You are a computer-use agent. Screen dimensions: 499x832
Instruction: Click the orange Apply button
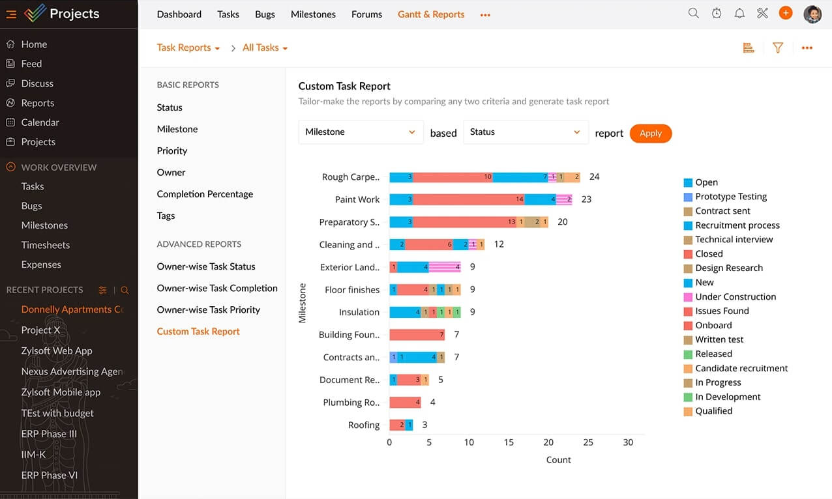[x=650, y=133]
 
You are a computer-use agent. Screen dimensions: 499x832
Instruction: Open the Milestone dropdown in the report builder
[x=360, y=132]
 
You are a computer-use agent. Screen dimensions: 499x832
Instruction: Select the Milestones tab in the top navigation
[x=313, y=14]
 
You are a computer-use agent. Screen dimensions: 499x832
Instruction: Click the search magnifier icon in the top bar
[x=694, y=13]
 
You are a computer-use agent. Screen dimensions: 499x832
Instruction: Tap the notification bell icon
[x=739, y=13]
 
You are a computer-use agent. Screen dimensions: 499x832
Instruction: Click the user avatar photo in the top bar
[x=812, y=14]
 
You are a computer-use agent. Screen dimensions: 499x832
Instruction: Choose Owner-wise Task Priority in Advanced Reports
[x=208, y=309]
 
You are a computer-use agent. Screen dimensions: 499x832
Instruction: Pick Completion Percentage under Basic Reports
[x=205, y=194]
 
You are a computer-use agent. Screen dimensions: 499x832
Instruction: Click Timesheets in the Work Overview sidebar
[x=45, y=245]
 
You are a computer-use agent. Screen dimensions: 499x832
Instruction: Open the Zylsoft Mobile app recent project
[x=61, y=392]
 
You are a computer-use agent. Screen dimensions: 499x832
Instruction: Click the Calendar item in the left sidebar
[x=40, y=122]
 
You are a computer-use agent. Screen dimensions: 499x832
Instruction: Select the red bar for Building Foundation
[x=417, y=335]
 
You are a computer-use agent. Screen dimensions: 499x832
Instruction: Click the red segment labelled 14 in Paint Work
[x=468, y=199]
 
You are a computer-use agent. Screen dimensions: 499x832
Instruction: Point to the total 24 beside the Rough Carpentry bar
[x=594, y=177]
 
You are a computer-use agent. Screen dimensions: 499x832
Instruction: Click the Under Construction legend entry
[x=735, y=296]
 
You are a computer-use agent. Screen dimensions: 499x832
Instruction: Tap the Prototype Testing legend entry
[x=730, y=197]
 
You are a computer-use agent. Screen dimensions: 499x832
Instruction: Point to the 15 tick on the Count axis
[x=509, y=442]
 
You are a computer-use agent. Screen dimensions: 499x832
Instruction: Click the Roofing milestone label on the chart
[x=363, y=425]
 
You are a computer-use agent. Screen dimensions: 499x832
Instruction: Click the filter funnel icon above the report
[x=777, y=48]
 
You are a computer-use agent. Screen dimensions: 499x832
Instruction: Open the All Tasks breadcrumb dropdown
[x=265, y=48]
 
